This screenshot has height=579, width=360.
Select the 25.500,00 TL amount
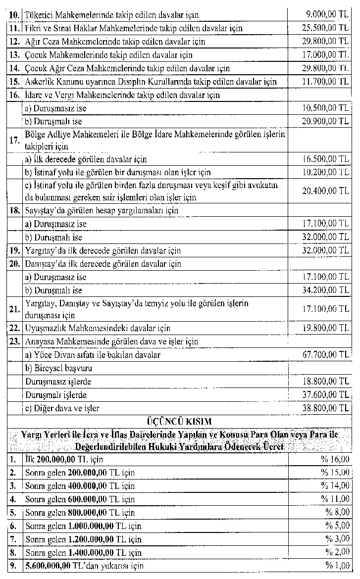(326, 28)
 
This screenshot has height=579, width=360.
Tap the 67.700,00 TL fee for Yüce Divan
(326, 355)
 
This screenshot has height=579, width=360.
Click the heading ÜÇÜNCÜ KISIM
(179, 421)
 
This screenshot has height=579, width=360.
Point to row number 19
(14, 251)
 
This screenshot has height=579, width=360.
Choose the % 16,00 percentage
(335, 459)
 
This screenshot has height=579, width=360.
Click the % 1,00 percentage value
(337, 566)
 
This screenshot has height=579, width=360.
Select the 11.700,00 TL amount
(326, 81)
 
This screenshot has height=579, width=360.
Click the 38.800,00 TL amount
(326, 408)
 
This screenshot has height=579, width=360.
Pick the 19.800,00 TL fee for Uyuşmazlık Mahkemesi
(326, 328)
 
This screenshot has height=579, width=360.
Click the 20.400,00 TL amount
(326, 191)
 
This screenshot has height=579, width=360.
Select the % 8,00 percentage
(337, 512)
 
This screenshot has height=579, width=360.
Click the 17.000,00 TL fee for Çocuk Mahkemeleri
(326, 55)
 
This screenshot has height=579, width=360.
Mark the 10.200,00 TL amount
(326, 172)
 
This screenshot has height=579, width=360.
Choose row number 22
(14, 328)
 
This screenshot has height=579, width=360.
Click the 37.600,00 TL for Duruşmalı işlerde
(326, 395)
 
